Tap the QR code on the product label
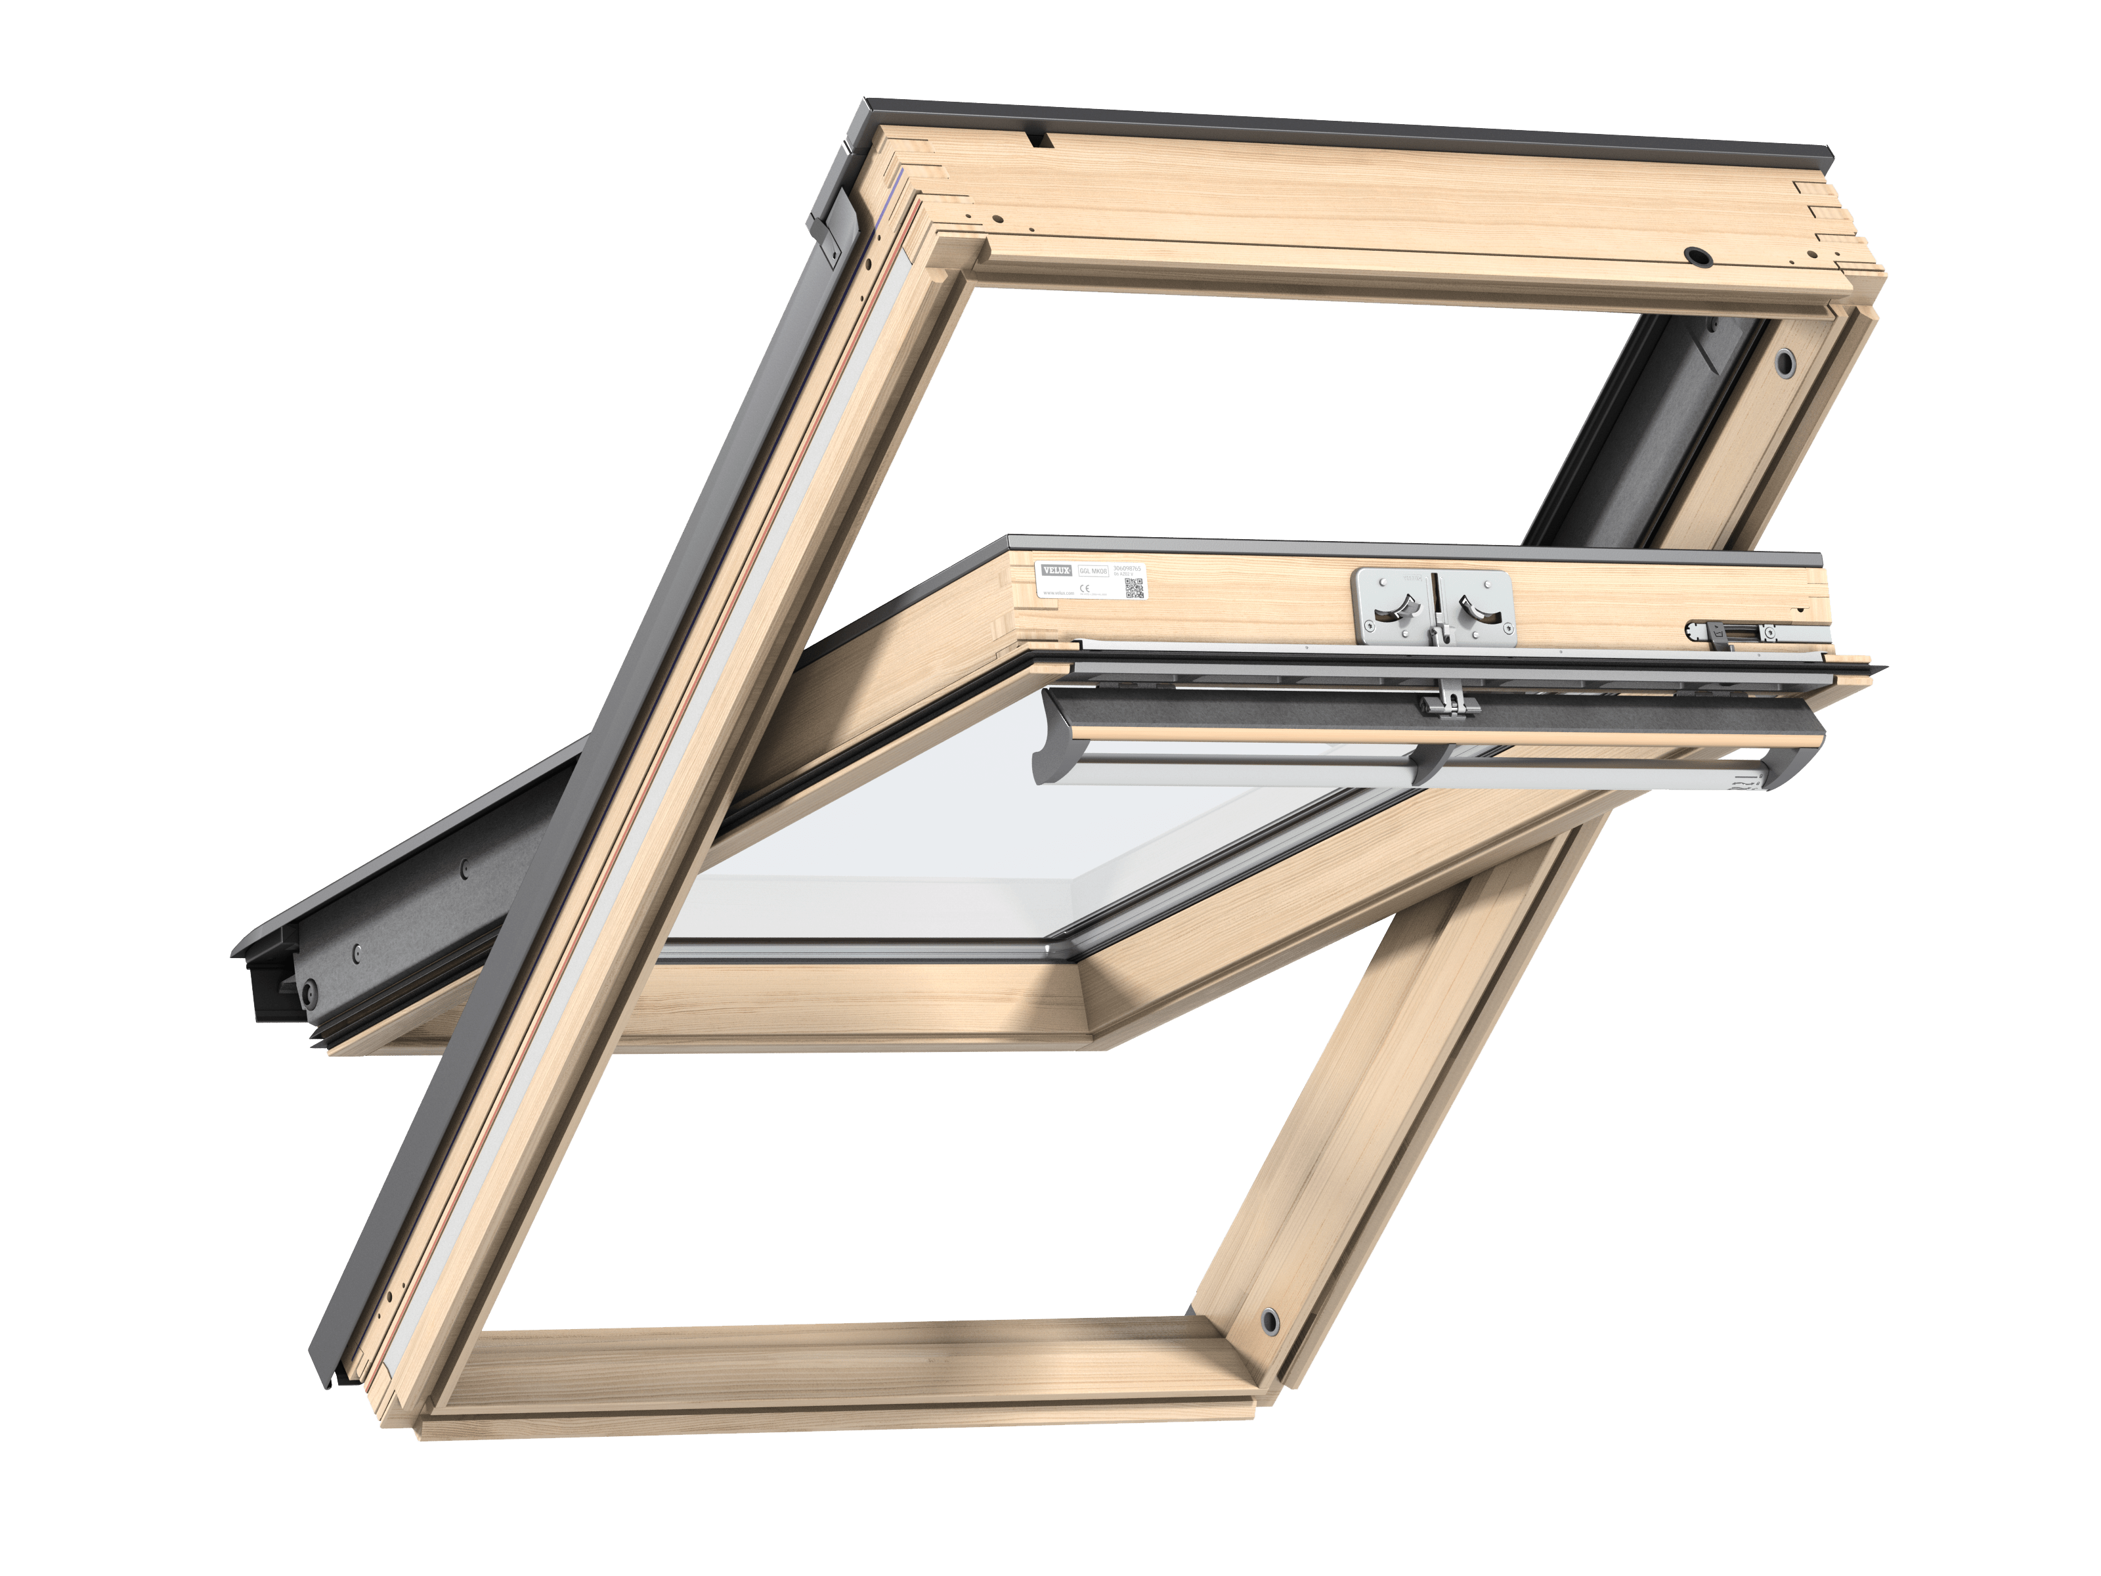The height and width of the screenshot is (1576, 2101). click(1133, 587)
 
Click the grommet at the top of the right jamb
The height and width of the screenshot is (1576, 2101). click(1786, 361)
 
